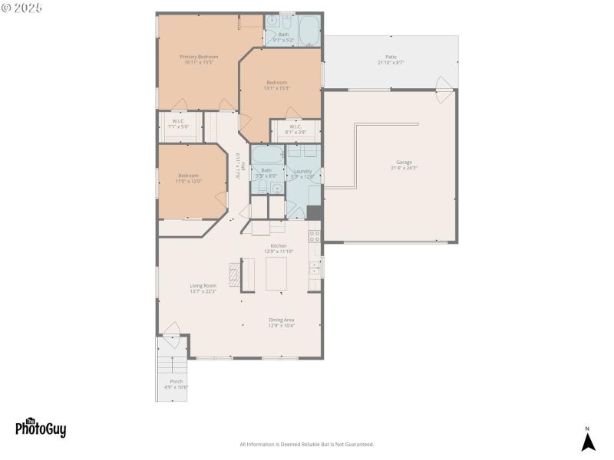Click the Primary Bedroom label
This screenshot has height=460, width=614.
[199, 57]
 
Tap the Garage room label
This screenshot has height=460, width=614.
[404, 162]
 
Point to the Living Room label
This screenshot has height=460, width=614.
[203, 286]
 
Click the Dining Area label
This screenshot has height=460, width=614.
[282, 320]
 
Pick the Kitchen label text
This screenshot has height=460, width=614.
[278, 245]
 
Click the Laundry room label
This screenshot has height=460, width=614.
[303, 171]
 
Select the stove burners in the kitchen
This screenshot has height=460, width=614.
[314, 236]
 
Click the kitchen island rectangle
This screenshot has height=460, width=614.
[276, 274]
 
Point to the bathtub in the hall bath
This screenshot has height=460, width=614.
[266, 154]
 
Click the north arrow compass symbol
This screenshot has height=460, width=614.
[588, 441]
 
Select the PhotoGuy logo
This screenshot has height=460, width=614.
[41, 428]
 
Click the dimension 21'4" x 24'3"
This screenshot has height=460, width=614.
[404, 168]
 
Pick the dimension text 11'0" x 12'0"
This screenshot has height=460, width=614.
[188, 181]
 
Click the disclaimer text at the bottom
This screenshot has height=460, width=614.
[307, 444]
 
